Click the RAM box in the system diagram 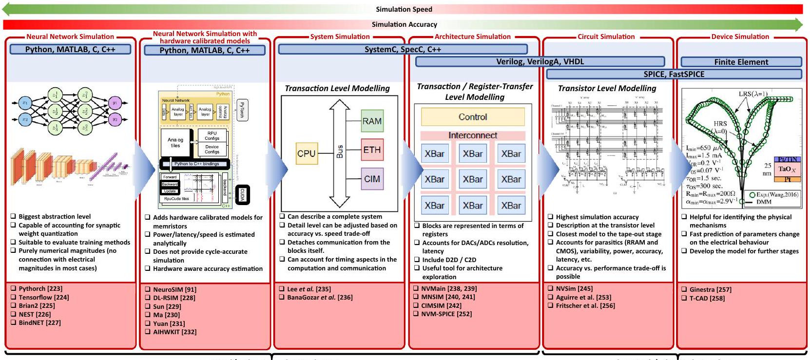coord(372,121)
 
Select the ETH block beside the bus coord(372,150)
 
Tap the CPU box coord(307,153)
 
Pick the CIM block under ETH coord(372,179)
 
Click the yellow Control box coord(473,117)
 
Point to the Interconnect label coord(473,135)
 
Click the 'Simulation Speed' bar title coord(404,9)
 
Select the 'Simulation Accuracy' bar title coord(404,24)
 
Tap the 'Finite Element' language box coord(741,62)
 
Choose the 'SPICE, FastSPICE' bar coord(674,74)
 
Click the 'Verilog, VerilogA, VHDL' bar coord(540,61)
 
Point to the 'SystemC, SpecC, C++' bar coord(403,49)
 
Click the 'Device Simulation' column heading coord(740,37)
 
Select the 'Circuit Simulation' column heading coord(606,37)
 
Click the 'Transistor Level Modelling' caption coord(607,88)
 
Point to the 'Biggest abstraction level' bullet coord(55,216)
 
